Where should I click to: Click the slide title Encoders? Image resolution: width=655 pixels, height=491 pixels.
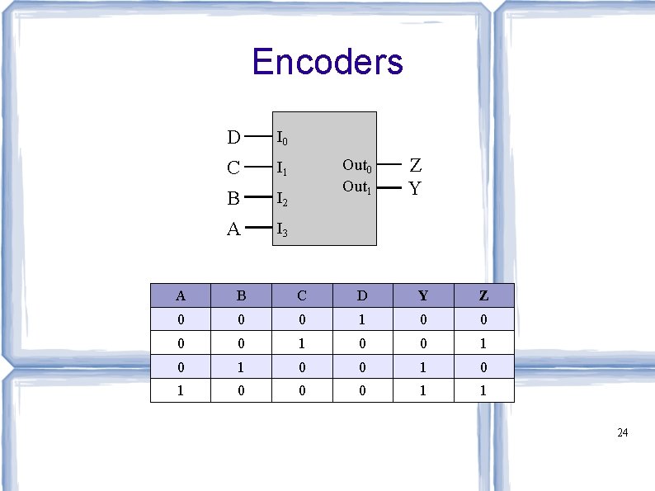point(327,62)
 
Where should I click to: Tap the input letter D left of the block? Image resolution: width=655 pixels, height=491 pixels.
point(234,136)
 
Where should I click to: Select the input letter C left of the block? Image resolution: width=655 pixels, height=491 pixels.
point(233,168)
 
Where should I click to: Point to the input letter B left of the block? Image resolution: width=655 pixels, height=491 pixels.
point(233,199)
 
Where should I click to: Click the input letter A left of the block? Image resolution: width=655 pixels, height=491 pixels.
point(233,229)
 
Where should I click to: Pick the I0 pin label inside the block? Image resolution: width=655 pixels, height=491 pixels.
point(282,137)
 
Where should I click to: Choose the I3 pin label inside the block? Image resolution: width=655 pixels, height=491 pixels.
point(282,229)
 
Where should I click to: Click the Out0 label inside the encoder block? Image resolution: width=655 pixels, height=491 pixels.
point(357,166)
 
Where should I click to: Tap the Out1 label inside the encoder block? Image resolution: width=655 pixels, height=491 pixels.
point(357,187)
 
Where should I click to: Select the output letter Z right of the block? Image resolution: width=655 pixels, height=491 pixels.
point(416,167)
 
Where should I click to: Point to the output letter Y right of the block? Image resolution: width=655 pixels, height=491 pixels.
point(415,189)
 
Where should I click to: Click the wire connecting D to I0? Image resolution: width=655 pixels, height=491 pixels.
point(259,136)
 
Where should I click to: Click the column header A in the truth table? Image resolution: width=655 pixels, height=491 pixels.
point(181,295)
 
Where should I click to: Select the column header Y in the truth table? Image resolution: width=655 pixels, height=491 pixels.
point(423,295)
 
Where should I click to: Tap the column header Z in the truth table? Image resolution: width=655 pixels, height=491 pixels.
point(483,295)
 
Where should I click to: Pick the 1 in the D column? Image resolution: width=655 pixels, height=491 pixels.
point(363,319)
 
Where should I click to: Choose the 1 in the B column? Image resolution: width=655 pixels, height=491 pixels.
point(241,366)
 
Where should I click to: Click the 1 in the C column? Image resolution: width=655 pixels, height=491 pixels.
point(302,342)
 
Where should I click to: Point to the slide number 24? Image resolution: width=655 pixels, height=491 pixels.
point(623,432)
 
